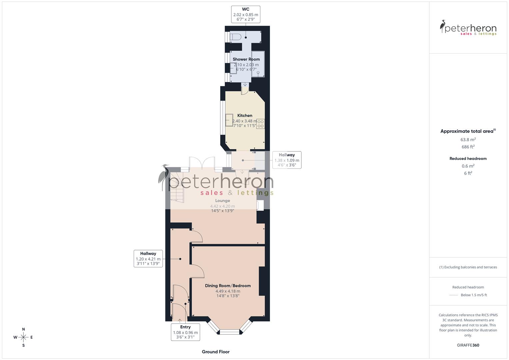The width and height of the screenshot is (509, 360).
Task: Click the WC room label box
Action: click(x=246, y=14)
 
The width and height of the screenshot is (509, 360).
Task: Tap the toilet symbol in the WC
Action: click(x=235, y=37)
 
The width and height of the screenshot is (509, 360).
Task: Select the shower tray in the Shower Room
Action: click(x=258, y=64)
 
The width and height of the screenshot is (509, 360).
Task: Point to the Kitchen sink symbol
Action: click(x=229, y=120)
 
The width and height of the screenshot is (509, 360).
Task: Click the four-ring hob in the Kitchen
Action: click(x=260, y=124)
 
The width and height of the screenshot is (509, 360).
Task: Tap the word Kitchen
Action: click(x=245, y=115)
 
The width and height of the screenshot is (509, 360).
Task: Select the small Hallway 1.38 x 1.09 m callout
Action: click(x=287, y=160)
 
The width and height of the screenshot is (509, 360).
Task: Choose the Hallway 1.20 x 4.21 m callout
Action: click(x=148, y=258)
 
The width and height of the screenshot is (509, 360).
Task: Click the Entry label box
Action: click(x=185, y=332)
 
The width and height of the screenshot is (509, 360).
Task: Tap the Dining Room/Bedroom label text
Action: click(x=228, y=286)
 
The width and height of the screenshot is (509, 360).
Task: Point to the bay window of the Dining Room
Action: click(x=229, y=328)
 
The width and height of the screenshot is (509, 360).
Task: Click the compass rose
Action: click(x=23, y=337)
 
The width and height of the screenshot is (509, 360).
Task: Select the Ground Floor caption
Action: click(x=216, y=352)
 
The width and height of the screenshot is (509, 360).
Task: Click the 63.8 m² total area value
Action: click(x=468, y=140)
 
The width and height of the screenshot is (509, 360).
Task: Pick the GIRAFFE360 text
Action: click(x=468, y=345)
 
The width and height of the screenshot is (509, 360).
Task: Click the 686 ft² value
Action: click(x=468, y=147)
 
